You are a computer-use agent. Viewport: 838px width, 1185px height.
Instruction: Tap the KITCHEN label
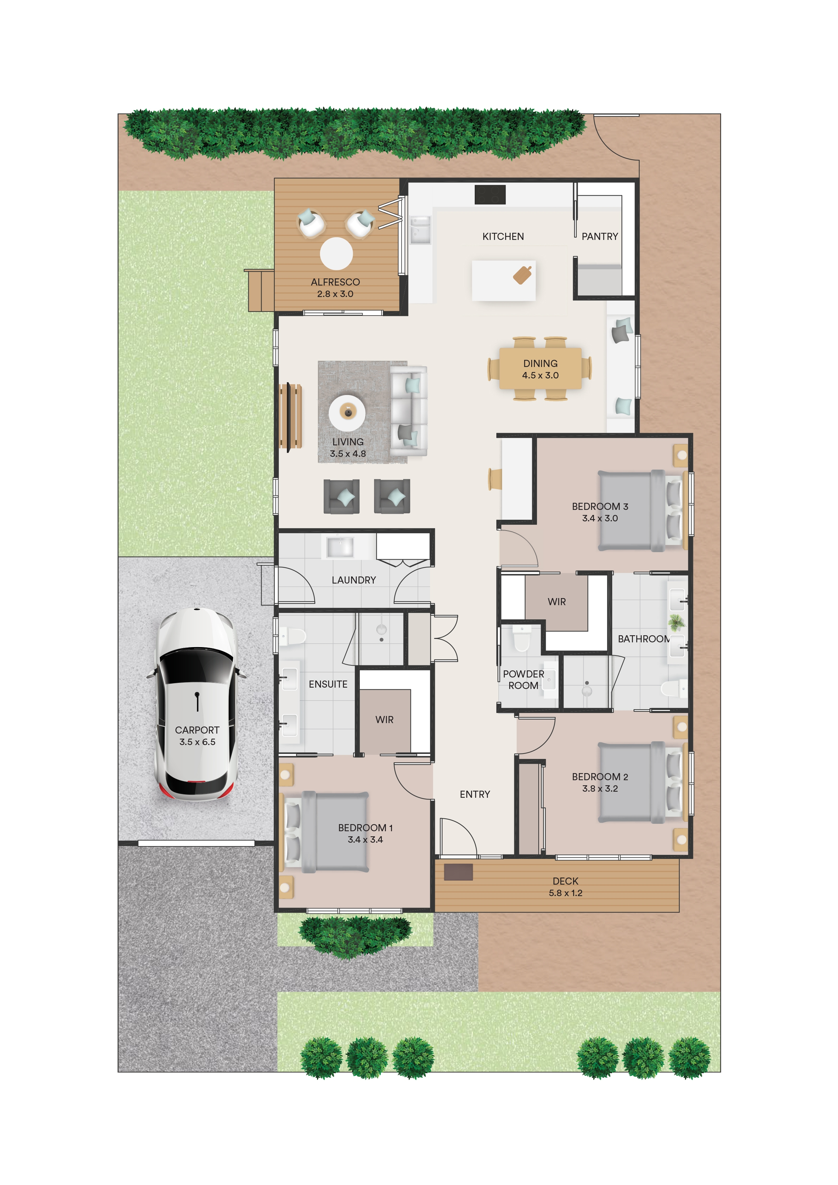503,237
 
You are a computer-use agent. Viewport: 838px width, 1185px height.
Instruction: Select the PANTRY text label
599,237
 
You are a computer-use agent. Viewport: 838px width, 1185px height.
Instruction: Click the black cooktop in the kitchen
490,195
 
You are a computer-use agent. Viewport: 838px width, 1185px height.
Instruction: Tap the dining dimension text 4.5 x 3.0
540,375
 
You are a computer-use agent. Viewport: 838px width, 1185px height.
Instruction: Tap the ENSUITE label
328,684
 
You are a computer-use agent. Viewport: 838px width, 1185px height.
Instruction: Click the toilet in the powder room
522,639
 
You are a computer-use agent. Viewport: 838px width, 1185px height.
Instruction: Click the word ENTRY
475,794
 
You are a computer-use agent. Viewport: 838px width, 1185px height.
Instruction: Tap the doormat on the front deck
458,872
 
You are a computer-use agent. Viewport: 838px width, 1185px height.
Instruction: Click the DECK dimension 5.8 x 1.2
566,893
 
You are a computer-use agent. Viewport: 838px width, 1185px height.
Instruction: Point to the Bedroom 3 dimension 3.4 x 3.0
599,518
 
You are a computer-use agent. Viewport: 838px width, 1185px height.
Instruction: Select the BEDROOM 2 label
599,777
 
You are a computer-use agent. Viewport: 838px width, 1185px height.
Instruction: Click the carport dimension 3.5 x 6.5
197,742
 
